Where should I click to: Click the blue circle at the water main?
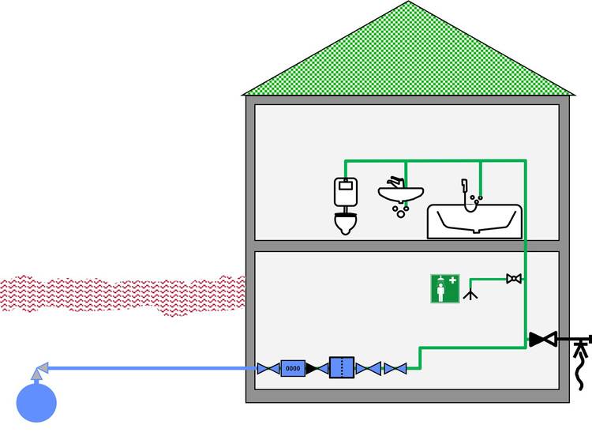(x=36, y=401)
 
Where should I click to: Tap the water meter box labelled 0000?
(x=293, y=368)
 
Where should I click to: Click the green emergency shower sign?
(x=445, y=288)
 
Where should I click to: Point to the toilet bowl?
(x=345, y=224)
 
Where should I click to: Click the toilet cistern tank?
(x=345, y=190)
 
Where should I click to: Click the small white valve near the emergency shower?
(x=514, y=279)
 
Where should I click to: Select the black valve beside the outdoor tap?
(x=543, y=340)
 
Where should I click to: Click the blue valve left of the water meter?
(x=268, y=368)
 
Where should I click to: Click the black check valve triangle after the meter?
(x=313, y=368)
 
